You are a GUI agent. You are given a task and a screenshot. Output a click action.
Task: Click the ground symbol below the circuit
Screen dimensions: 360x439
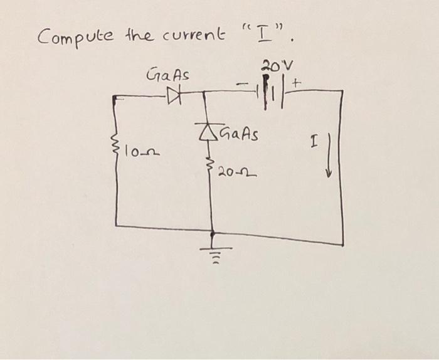213,250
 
